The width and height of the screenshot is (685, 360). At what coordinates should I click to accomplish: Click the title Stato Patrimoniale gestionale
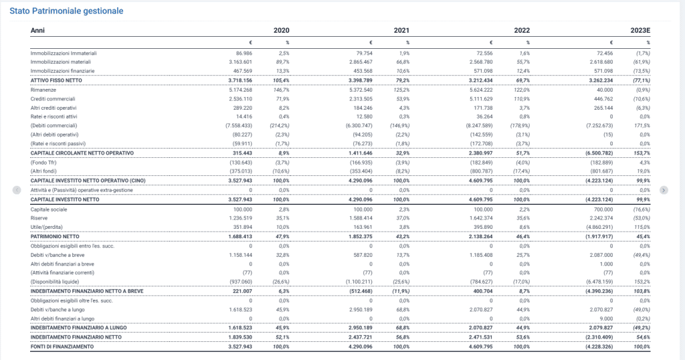pyautogui.click(x=66, y=11)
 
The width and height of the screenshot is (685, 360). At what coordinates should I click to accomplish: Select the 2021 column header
pyautogui.click(x=401, y=31)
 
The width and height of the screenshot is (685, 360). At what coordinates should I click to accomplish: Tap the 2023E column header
pyautogui.click(x=640, y=31)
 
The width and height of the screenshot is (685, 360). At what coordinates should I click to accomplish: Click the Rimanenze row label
pyautogui.click(x=43, y=90)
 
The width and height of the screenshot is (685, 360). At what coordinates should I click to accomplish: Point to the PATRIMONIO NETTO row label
pyautogui.click(x=55, y=237)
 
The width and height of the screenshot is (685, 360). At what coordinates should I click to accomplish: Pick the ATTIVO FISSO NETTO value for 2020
pyautogui.click(x=240, y=80)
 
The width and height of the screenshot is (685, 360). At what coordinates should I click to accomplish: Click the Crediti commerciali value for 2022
pyautogui.click(x=481, y=99)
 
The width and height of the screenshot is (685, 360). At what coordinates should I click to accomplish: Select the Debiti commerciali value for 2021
pyautogui.click(x=359, y=126)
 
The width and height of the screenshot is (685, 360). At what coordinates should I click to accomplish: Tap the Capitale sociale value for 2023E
pyautogui.click(x=603, y=209)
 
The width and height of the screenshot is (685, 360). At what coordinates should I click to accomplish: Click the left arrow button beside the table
pyautogui.click(x=17, y=190)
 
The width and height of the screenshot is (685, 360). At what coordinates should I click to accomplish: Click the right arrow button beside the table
pyautogui.click(x=664, y=190)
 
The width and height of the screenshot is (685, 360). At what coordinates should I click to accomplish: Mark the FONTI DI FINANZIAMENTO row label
pyautogui.click(x=62, y=347)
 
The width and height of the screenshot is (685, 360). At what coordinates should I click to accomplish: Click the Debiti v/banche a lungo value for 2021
pyautogui.click(x=361, y=310)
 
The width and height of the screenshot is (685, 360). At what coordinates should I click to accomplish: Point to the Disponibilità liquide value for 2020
pyautogui.click(x=241, y=282)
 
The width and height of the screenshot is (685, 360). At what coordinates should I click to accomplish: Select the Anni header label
pyautogui.click(x=37, y=31)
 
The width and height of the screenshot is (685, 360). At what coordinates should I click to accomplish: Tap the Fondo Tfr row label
pyautogui.click(x=43, y=163)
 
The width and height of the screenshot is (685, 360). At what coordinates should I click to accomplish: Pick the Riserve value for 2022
pyautogui.click(x=481, y=218)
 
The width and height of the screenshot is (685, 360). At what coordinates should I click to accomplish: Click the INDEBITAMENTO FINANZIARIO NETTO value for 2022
pyautogui.click(x=480, y=337)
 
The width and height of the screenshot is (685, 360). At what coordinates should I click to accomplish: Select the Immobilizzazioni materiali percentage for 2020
pyautogui.click(x=283, y=62)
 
